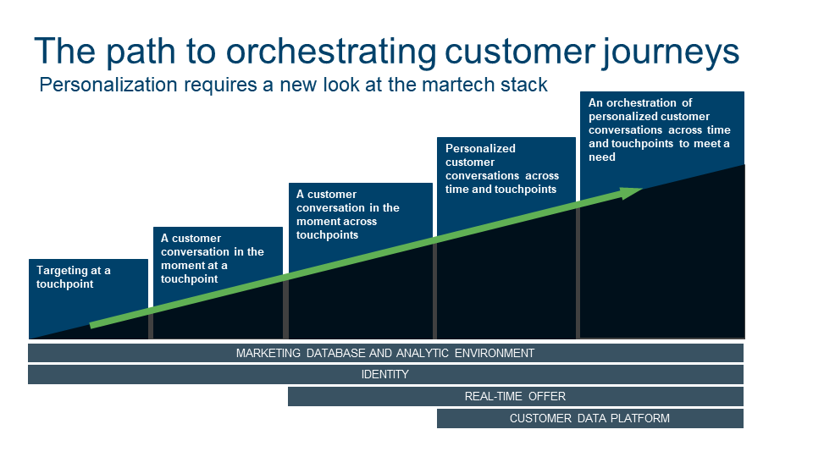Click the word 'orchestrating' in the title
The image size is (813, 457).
tap(331, 52)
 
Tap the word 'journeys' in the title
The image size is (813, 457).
tap(671, 52)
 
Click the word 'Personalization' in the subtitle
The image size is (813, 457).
tap(108, 85)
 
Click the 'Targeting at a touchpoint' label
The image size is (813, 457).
tap(73, 278)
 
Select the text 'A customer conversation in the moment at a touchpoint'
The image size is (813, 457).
tap(212, 259)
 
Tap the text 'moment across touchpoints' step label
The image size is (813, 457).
tap(336, 228)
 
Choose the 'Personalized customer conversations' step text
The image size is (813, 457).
tap(502, 162)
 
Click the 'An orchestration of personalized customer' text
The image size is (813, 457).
tap(649, 109)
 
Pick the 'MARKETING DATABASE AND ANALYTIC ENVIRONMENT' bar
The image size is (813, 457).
tap(386, 354)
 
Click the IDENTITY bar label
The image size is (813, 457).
tap(384, 374)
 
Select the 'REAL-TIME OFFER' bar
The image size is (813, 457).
tap(516, 396)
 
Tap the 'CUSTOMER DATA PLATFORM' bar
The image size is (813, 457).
tap(590, 419)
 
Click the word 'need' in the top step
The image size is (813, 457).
tap(602, 157)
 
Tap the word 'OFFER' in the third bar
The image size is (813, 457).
tap(547, 396)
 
